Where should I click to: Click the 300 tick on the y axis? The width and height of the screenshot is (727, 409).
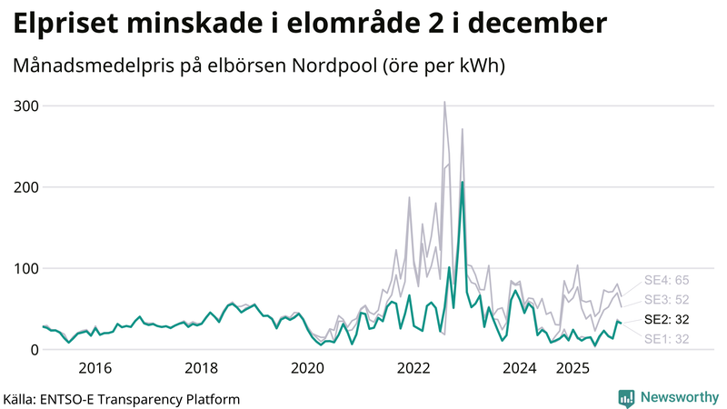tap(25, 106)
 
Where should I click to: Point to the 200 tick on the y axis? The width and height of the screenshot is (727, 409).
tap(25, 187)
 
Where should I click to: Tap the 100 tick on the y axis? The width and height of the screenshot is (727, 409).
tap(25, 268)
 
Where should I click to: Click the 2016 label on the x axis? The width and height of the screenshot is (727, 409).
tap(95, 368)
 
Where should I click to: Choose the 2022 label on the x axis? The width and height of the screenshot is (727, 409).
tap(414, 368)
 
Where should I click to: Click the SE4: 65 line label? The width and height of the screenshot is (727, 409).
tap(667, 279)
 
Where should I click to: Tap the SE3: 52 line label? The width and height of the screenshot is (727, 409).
tap(667, 299)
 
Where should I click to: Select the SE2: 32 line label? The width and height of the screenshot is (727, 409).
tap(667, 319)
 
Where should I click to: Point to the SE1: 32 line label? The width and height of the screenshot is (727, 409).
tap(667, 339)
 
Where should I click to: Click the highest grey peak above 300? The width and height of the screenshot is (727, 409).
tap(444, 103)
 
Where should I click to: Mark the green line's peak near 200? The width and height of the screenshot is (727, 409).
tap(463, 183)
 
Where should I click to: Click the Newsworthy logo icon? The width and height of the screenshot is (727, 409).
tap(626, 397)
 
